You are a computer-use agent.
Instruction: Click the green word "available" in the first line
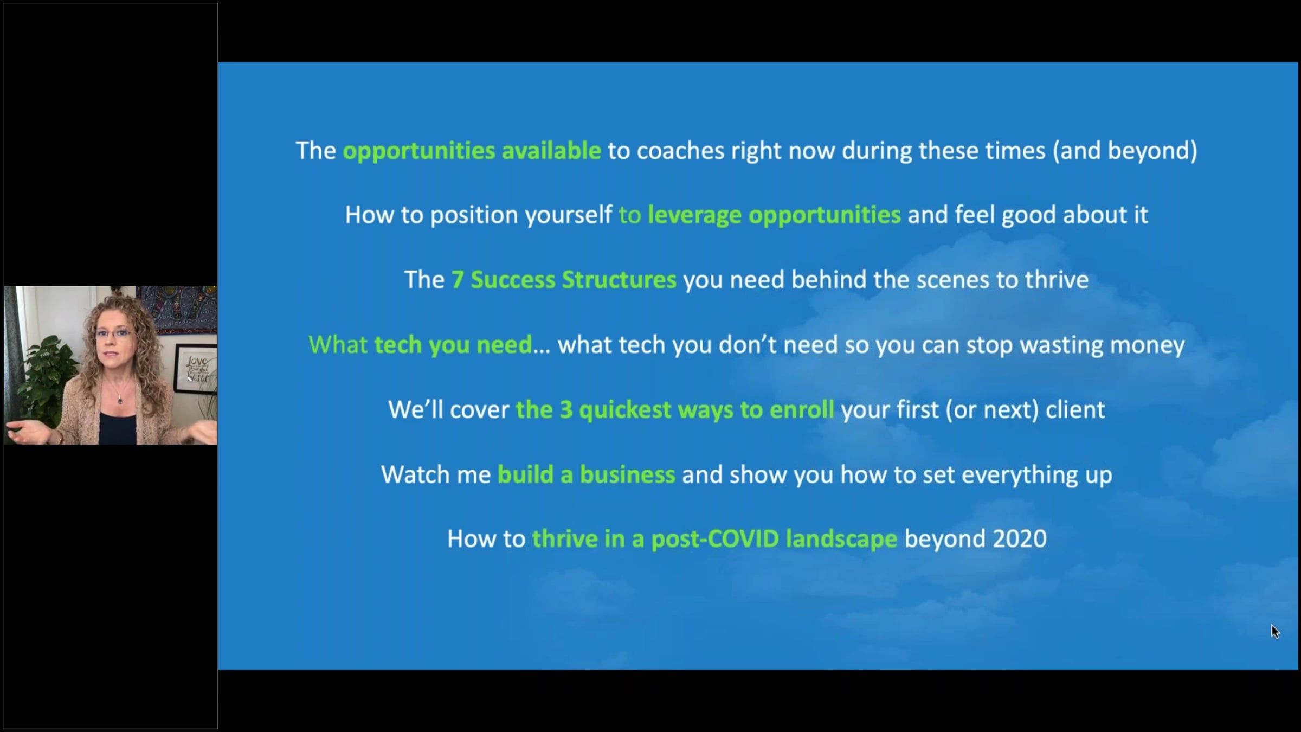[551, 151]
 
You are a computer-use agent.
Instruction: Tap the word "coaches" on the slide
[680, 151]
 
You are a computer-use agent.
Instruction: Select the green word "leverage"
[694, 215]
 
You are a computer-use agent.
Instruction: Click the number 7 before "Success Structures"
[458, 280]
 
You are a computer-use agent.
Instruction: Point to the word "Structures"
[619, 280]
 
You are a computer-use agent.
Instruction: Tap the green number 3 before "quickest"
[566, 410]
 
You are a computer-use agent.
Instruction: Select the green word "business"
[627, 474]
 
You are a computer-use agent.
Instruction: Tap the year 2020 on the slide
[1019, 539]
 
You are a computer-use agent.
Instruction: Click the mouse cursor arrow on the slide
[1275, 632]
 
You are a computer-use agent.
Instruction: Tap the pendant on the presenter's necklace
[120, 400]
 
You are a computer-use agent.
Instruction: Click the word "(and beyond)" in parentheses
[1125, 151]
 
